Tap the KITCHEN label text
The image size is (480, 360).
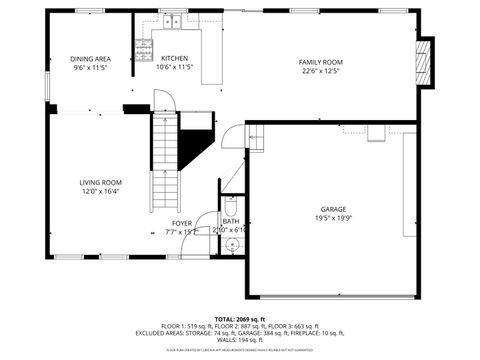tap(175, 59)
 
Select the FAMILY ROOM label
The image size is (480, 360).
tap(321, 62)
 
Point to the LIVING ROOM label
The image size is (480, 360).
tap(101, 182)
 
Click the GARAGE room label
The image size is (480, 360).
tap(334, 209)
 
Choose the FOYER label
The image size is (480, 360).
tap(181, 223)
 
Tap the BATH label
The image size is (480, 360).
tap(231, 221)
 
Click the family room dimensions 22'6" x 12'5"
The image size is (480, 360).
tap(321, 71)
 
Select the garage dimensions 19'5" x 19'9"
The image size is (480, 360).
tap(334, 218)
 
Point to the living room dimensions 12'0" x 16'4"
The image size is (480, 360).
tap(101, 191)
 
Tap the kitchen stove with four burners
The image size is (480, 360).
tap(143, 46)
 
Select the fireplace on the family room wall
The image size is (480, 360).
tap(426, 63)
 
